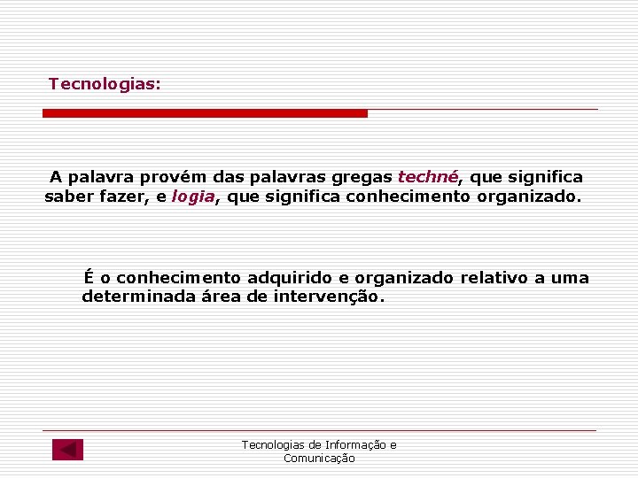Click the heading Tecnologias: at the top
tap(105, 84)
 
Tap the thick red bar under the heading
tap(205, 113)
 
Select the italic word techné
tap(428, 177)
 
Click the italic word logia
tap(193, 197)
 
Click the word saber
tap(68, 197)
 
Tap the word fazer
tap(124, 197)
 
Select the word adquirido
tap(288, 278)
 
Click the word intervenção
tap(328, 297)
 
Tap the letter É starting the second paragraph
tap(89, 277)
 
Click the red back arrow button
tap(67, 450)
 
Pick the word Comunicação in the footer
tap(319, 459)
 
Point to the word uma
tap(570, 278)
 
